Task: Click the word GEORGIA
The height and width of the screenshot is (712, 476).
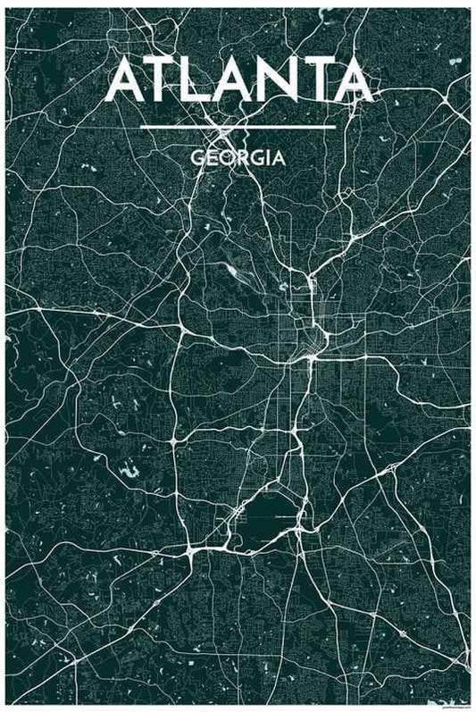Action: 238,158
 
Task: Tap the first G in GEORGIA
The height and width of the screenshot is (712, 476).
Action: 196,158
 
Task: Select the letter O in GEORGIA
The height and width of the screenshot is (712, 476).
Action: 224,158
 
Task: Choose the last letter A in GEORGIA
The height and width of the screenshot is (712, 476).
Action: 280,158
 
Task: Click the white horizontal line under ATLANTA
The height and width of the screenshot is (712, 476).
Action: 238,127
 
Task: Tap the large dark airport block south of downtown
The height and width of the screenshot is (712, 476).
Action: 272,514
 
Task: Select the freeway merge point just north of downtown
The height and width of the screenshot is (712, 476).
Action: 309,284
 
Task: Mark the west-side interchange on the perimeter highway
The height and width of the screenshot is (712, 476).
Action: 181,332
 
